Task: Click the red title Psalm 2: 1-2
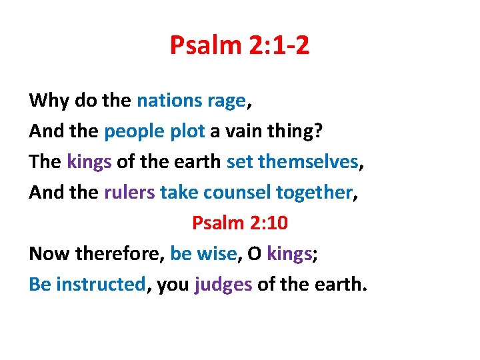click(x=239, y=45)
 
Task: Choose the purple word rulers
click(x=129, y=192)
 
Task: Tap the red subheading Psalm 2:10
click(x=239, y=223)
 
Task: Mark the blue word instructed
click(x=101, y=284)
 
